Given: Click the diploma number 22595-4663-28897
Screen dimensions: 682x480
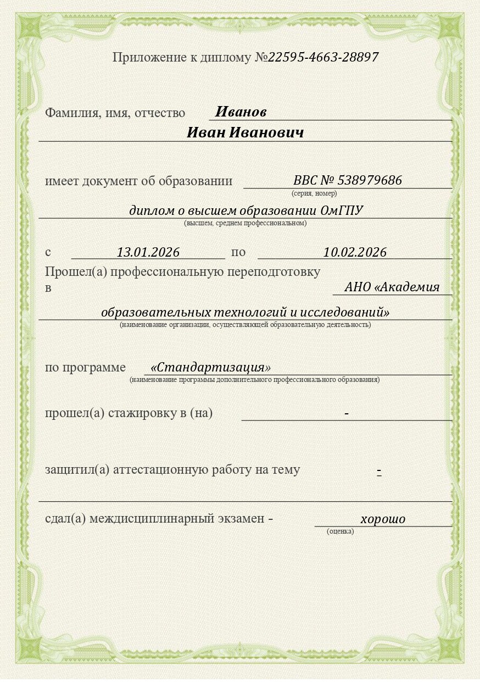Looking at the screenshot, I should (323, 57).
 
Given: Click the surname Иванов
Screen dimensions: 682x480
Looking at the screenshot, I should (241, 112).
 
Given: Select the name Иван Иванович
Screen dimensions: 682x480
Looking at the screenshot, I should (245, 133).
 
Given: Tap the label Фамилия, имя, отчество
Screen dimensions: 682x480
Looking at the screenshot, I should (115, 113).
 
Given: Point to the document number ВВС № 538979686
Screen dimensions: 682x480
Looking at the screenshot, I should (348, 180).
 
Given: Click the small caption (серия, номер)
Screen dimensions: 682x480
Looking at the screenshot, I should (314, 193).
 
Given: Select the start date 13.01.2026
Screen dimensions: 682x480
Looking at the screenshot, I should (148, 252).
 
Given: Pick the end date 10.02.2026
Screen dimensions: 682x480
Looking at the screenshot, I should (355, 252).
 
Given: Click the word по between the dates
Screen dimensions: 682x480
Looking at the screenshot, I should (238, 252).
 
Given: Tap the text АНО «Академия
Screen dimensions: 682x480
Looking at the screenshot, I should (392, 287).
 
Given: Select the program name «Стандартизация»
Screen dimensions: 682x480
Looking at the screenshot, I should (211, 367).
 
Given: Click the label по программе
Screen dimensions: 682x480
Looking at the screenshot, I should (85, 368).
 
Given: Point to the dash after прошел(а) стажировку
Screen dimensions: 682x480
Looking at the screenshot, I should (347, 413).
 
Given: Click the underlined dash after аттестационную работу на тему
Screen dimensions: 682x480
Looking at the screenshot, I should (379, 472).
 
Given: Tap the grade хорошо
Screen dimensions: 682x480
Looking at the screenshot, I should (383, 519).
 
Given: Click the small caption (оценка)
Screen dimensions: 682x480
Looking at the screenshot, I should (340, 531).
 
